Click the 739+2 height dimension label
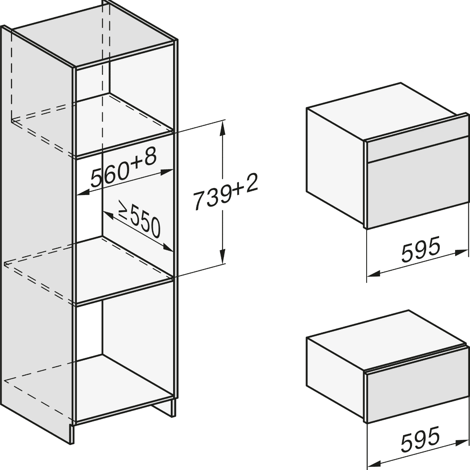225,192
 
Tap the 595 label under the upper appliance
421,249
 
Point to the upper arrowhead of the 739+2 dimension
222,128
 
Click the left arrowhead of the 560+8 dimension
83,193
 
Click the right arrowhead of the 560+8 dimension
167,172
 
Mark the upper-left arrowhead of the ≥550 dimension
108,215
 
